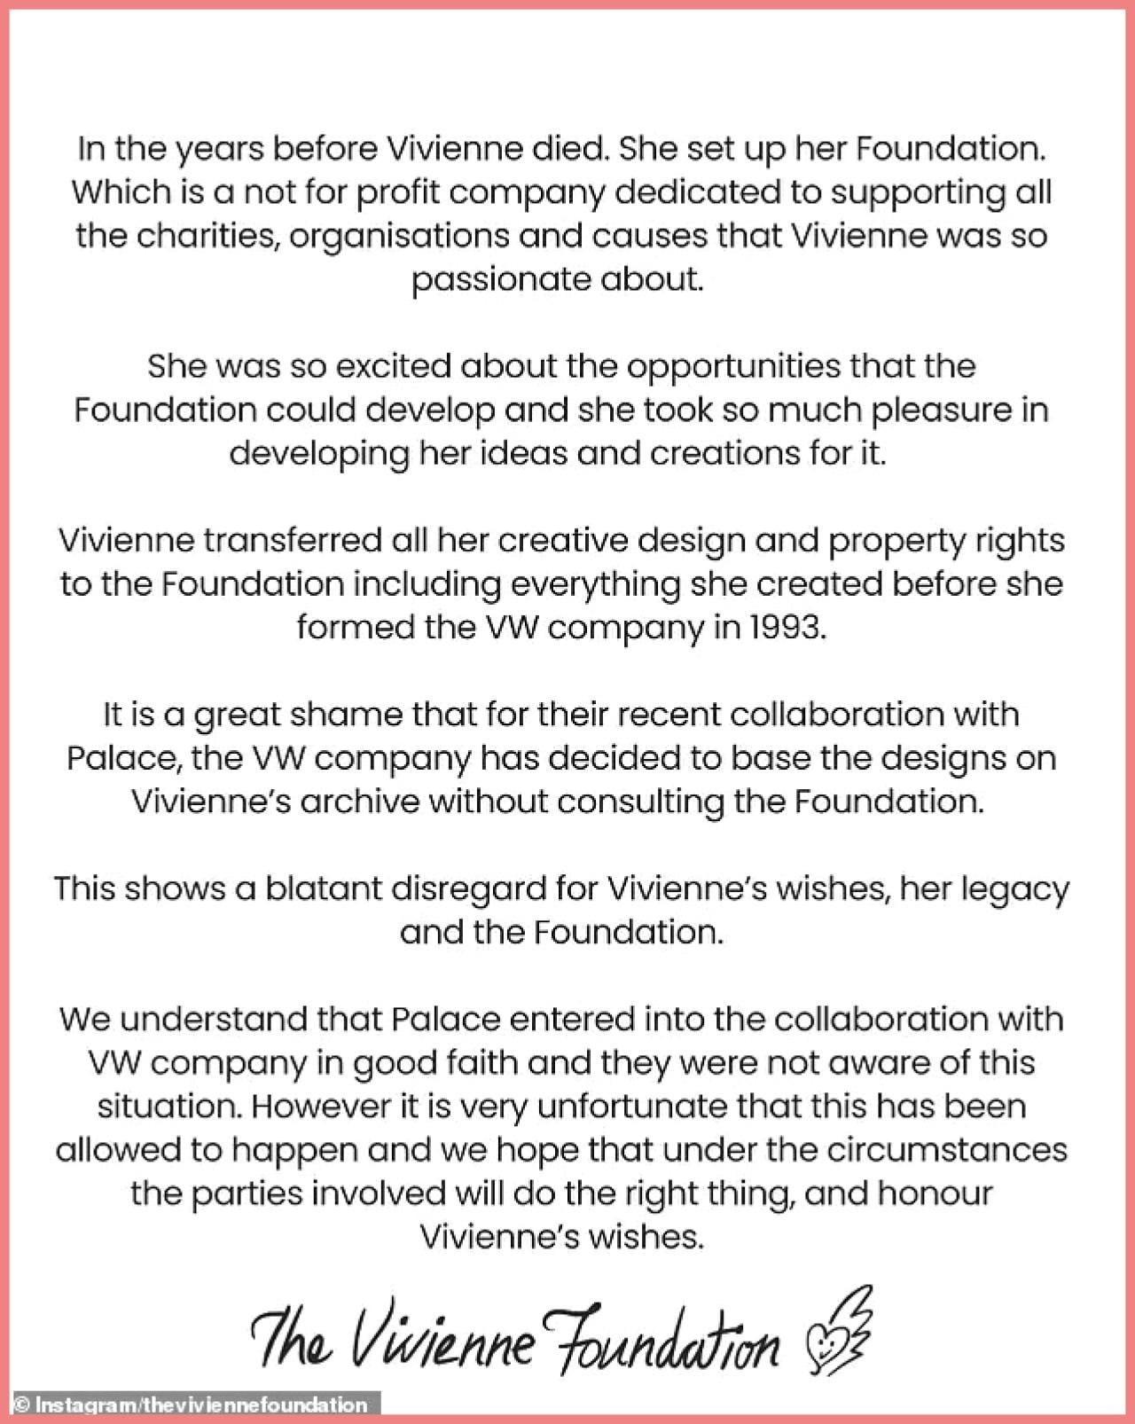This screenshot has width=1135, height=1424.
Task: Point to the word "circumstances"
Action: click(947, 1149)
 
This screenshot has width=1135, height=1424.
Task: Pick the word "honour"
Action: click(935, 1193)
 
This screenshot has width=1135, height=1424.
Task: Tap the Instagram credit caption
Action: click(190, 1404)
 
